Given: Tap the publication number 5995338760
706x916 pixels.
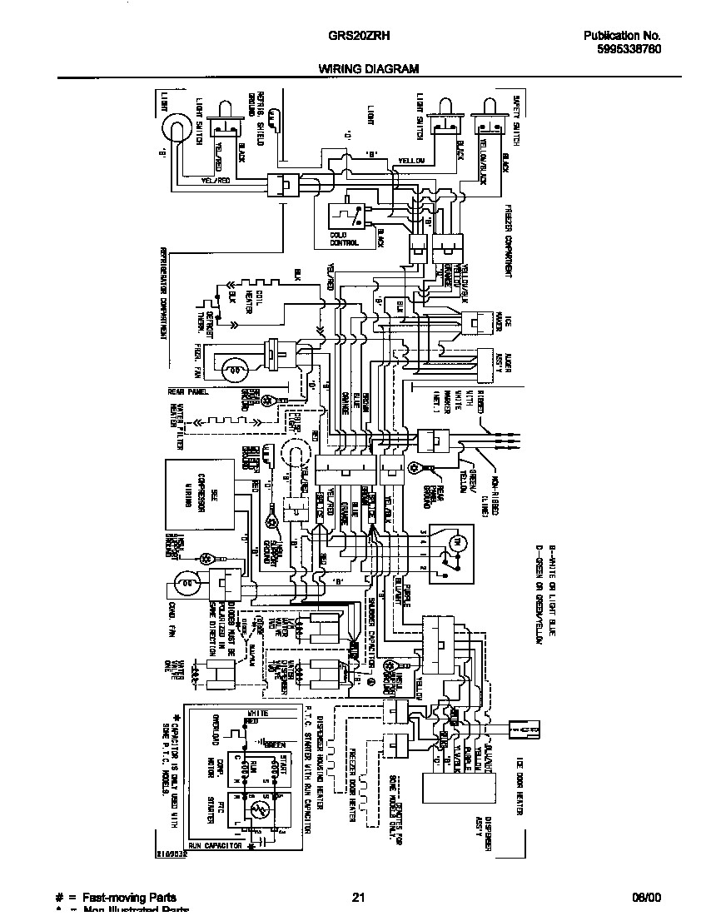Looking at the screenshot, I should (x=623, y=49).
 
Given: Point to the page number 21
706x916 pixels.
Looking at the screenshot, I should (x=358, y=897).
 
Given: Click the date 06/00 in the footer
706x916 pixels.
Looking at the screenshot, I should (x=645, y=897).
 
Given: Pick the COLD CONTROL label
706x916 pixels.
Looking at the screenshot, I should (x=344, y=240).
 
